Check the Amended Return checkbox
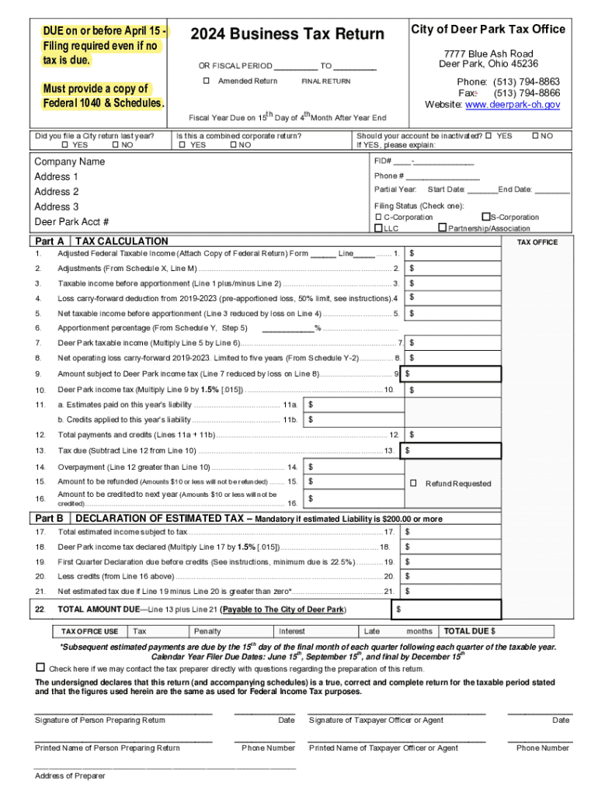click(x=207, y=82)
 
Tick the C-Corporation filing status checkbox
click(x=378, y=217)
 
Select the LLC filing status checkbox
click(x=378, y=228)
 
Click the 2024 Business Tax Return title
click(x=287, y=34)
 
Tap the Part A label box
click(x=50, y=241)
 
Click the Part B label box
click(x=50, y=519)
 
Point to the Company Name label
click(x=70, y=161)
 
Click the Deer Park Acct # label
click(x=71, y=222)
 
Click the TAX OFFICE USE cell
click(x=90, y=631)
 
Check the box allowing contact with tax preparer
click(x=40, y=668)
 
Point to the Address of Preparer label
click(x=70, y=776)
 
